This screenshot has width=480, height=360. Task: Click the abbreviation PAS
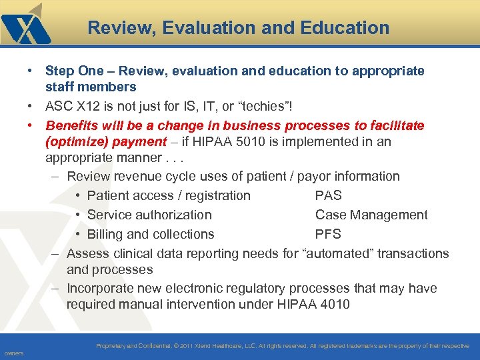pyautogui.click(x=328, y=195)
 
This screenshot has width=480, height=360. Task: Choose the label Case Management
pyautogui.click(x=371, y=215)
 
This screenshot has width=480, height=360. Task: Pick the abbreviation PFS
pyautogui.click(x=328, y=234)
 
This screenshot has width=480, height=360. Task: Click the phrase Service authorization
pyautogui.click(x=149, y=215)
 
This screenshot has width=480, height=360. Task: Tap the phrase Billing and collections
pyautogui.click(x=151, y=234)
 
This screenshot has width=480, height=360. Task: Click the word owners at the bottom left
pyautogui.click(x=13, y=353)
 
